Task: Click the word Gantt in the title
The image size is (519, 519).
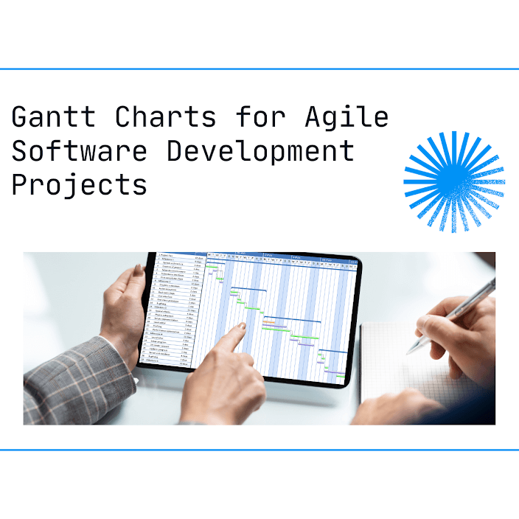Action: (x=53, y=117)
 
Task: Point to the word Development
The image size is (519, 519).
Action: (x=259, y=150)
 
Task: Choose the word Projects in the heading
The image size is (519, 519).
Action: (x=79, y=184)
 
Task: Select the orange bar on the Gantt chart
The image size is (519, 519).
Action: (x=269, y=323)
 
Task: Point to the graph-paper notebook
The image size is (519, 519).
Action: (x=413, y=383)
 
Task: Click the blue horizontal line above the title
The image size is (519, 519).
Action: (x=259, y=69)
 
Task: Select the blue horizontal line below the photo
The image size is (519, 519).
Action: (x=259, y=449)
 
